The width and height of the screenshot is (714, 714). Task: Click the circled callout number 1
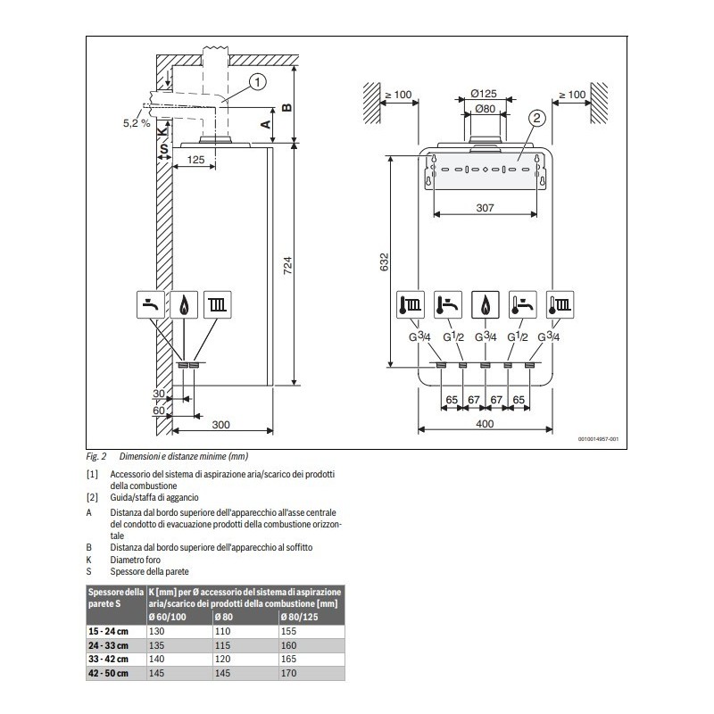click(x=256, y=83)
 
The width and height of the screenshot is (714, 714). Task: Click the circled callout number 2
click(x=536, y=117)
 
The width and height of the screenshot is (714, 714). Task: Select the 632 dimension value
click(x=384, y=262)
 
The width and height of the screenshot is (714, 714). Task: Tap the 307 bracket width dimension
click(x=485, y=207)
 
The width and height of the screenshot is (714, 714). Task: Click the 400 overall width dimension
click(x=485, y=424)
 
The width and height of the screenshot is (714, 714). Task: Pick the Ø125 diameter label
click(x=484, y=94)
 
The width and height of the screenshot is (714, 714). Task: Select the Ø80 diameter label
click(x=484, y=109)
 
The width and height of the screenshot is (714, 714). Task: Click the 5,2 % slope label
click(x=137, y=123)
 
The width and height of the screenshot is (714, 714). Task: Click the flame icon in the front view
click(x=485, y=305)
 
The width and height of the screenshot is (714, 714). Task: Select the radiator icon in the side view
click(x=217, y=305)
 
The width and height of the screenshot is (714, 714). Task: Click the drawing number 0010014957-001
click(x=597, y=439)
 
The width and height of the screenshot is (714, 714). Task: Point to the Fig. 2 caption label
click(x=96, y=456)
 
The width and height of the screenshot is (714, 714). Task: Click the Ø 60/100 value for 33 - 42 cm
click(x=157, y=659)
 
